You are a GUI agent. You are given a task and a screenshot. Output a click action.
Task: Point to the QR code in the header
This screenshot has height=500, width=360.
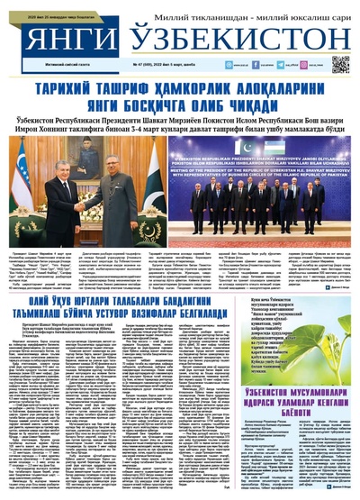[340, 64]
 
